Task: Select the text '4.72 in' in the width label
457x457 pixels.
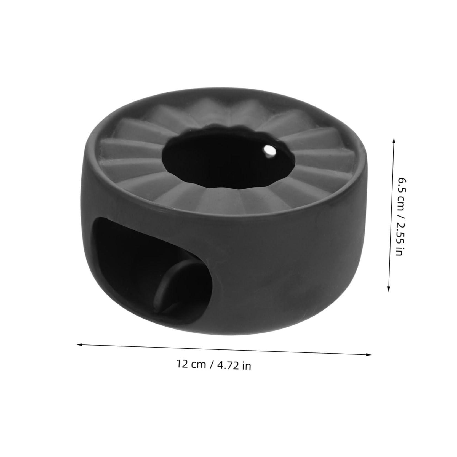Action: tap(234, 366)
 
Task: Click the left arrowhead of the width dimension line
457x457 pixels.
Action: tap(79, 344)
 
